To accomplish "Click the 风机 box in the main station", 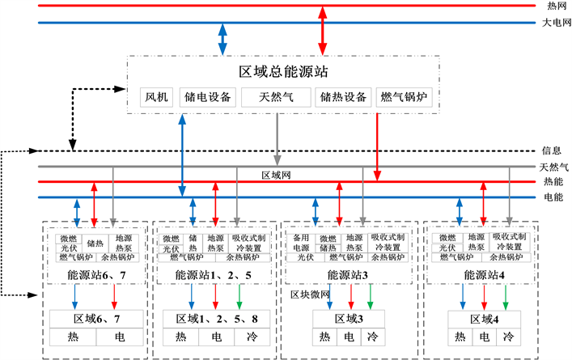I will click(156, 98).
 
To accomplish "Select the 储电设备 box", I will click(205, 98).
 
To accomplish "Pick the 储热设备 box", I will click(344, 98).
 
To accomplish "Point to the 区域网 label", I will click(275, 175).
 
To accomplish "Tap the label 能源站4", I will click(484, 276).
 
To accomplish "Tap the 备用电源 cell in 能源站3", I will click(301, 242).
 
